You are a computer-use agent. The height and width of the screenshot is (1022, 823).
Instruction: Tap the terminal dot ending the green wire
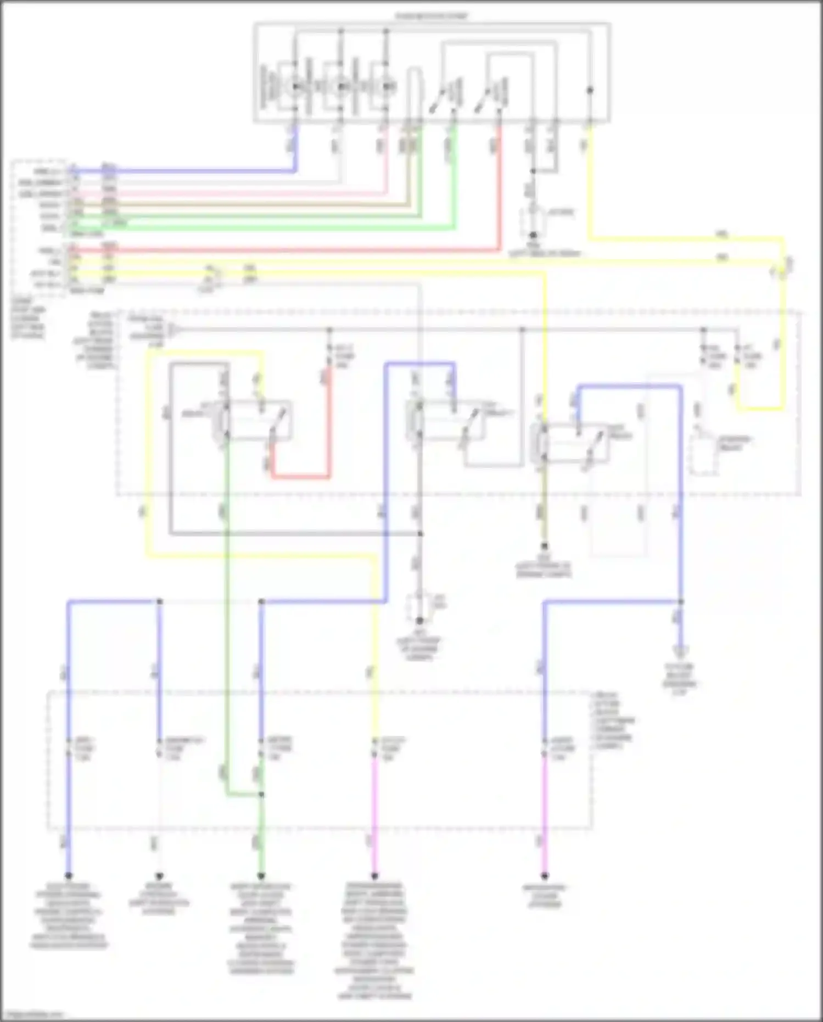point(261,875)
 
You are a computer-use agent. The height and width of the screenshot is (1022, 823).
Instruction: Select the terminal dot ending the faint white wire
point(159,875)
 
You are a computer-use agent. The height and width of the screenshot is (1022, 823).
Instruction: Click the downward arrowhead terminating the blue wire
point(680,652)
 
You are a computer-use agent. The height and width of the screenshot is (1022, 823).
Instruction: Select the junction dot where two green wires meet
point(261,795)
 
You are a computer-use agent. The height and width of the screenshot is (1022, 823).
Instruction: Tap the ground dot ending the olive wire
point(544,546)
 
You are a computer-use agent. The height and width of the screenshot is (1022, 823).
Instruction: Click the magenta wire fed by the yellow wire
point(374,813)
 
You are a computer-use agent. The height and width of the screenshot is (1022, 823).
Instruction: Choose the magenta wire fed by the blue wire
point(545,813)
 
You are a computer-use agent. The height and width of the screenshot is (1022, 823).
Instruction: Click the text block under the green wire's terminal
point(261,928)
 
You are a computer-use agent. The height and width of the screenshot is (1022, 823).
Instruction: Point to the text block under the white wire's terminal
point(159,898)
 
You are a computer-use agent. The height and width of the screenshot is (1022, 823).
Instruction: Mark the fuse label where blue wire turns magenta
point(563,748)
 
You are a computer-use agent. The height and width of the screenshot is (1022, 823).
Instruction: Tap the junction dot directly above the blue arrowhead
point(680,602)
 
